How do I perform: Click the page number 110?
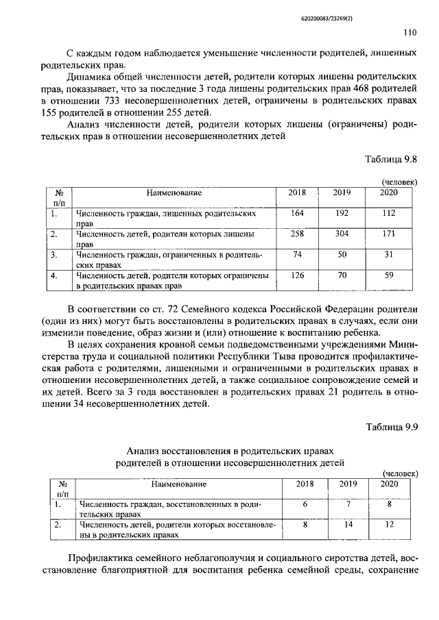pyautogui.click(x=410, y=32)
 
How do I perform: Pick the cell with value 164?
pyautogui.click(x=298, y=214)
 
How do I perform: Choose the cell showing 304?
pyautogui.click(x=342, y=234)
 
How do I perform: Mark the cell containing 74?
pyautogui.click(x=298, y=255)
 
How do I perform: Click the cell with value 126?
pyautogui.click(x=298, y=275)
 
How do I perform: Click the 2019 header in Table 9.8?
pyautogui.click(x=342, y=193)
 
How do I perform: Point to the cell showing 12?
pyautogui.click(x=389, y=524)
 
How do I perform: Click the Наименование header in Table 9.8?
pyautogui.click(x=174, y=193)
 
